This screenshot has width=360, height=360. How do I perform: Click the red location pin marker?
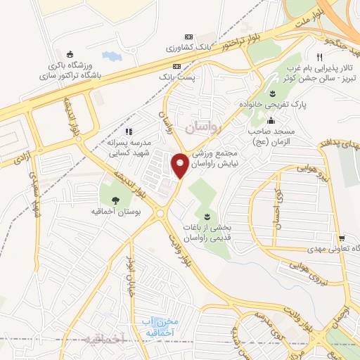(x=180, y=165)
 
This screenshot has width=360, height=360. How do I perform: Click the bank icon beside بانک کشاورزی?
(x=188, y=37)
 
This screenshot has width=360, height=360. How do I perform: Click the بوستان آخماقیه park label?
(x=115, y=210)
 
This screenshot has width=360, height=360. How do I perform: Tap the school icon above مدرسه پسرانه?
(x=128, y=131)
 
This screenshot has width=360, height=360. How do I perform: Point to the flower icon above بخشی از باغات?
(x=206, y=217)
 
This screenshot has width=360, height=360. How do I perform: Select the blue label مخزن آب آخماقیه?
(x=157, y=326)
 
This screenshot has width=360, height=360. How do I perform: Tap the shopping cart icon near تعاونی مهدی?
(x=341, y=238)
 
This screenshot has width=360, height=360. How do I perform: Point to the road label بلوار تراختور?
(x=224, y=46)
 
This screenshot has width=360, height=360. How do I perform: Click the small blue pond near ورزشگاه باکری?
(x=110, y=56)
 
